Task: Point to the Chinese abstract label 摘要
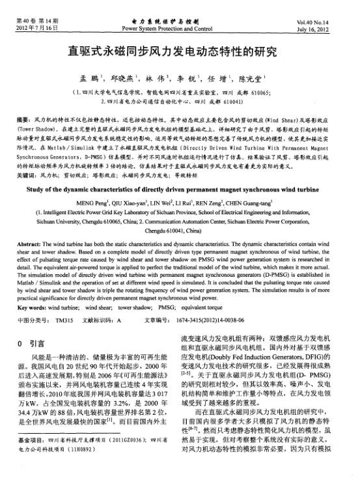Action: coord(23,121)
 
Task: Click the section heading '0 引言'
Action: coord(31,343)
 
